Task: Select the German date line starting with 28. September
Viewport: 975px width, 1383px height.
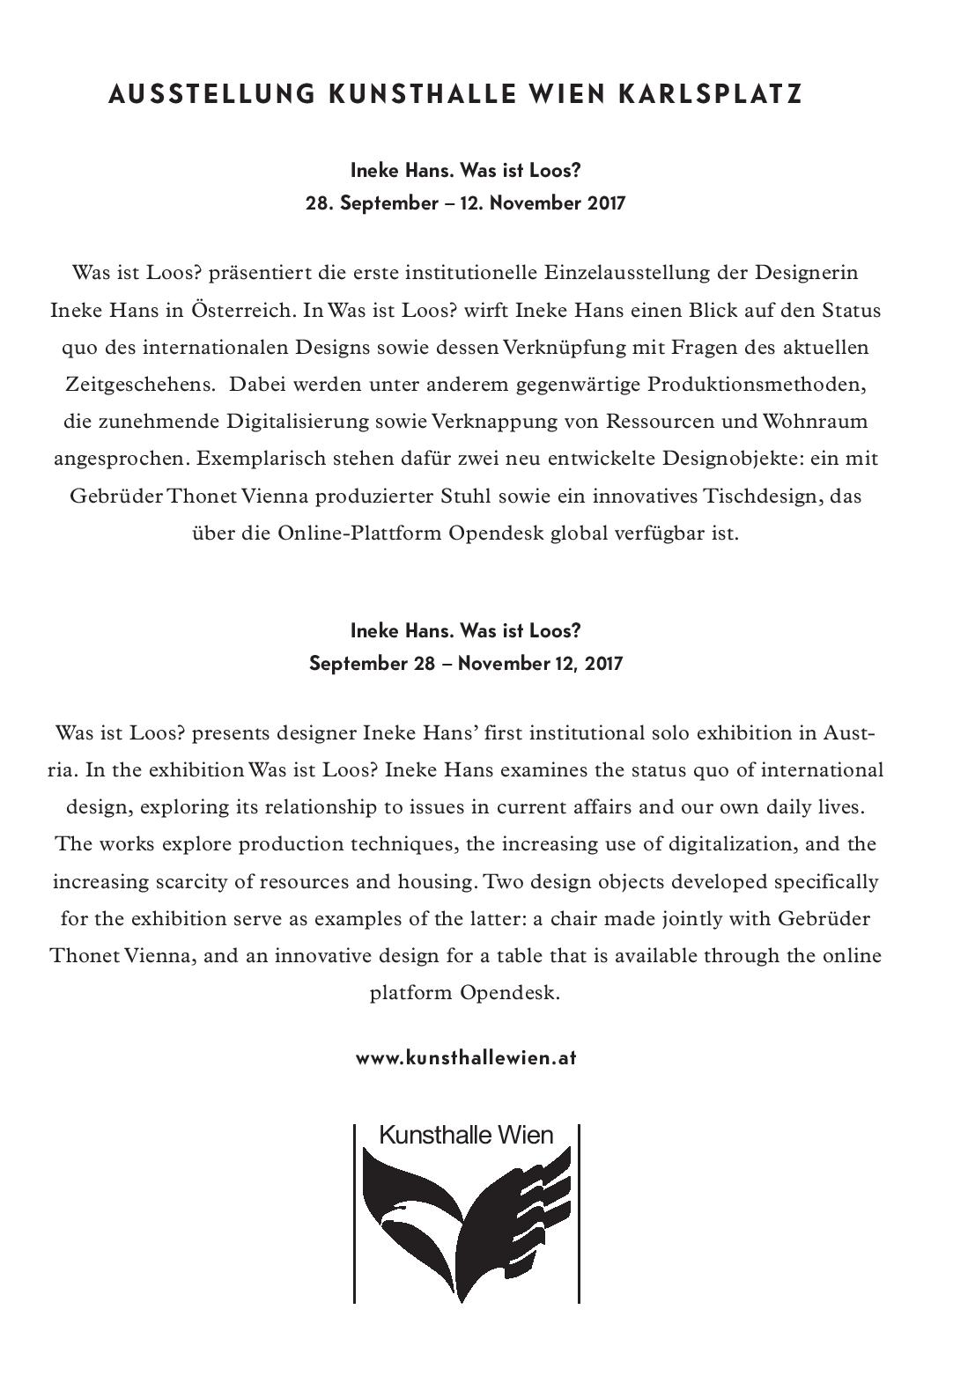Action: pyautogui.click(x=465, y=203)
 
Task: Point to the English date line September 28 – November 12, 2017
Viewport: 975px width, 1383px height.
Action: pyautogui.click(x=465, y=663)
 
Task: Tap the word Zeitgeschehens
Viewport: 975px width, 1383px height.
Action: pyautogui.click(x=141, y=385)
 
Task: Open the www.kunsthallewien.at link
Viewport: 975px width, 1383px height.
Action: pyautogui.click(x=466, y=1057)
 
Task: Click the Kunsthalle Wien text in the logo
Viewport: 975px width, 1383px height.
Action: pyautogui.click(x=466, y=1135)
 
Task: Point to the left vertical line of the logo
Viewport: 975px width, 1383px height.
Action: pyautogui.click(x=354, y=1215)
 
